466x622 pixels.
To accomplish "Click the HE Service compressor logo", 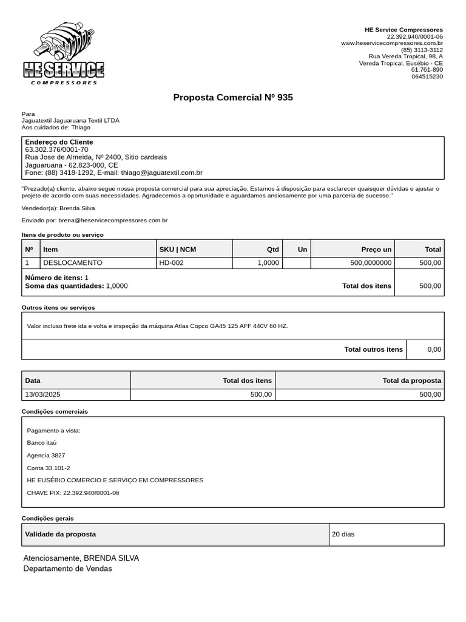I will (64, 53).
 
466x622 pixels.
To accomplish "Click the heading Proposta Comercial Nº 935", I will (233, 97).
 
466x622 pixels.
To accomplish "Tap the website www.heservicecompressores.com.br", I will (391, 43).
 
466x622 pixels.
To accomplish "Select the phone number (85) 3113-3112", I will (422, 50).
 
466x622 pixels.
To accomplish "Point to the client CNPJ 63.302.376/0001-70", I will (56, 149).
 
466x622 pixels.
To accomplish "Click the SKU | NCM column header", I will (177, 249).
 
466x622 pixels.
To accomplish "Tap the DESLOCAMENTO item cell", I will (72, 263).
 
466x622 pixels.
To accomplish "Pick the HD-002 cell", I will (171, 263).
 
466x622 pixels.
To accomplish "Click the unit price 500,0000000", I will (371, 263).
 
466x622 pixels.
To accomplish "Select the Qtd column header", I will (272, 249).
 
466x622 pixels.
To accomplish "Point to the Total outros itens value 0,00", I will (434, 349).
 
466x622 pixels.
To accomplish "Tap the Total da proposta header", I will (411, 380).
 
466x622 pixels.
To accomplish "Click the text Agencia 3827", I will (46, 455).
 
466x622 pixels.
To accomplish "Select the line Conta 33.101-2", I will (49, 468).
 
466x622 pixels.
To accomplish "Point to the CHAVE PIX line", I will (73, 493).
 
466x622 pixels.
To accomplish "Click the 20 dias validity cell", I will (343, 535).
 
